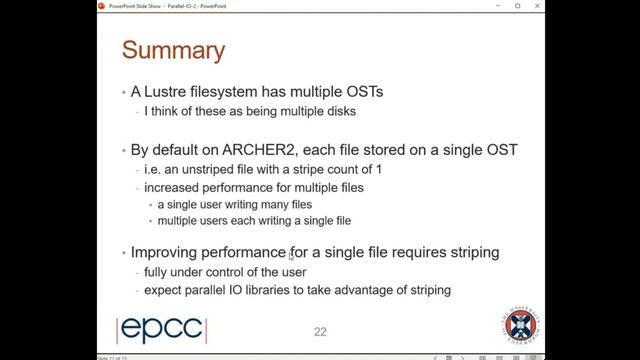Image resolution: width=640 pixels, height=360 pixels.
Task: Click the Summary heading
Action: click(x=173, y=49)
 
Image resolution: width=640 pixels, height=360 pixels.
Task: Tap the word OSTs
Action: click(x=360, y=92)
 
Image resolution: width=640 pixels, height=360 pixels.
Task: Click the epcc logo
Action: click(x=163, y=330)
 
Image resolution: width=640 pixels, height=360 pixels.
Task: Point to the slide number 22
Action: click(x=320, y=331)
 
